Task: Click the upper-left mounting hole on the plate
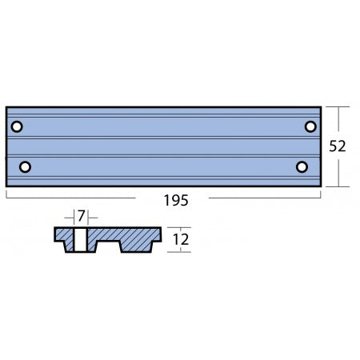(x=18, y=126)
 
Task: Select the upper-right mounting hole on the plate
(x=310, y=126)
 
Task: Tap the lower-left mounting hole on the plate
(x=25, y=166)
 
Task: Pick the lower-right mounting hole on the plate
(x=302, y=166)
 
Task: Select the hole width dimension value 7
(x=81, y=216)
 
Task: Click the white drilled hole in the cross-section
(x=81, y=238)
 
